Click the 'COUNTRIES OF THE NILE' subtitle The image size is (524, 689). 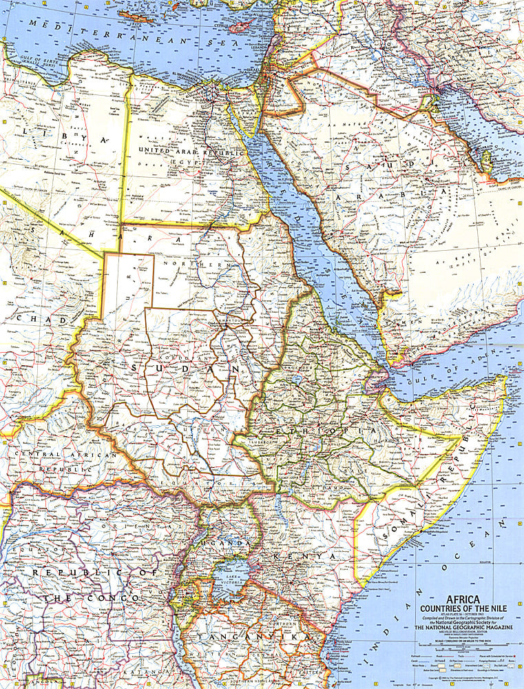[460, 608]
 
